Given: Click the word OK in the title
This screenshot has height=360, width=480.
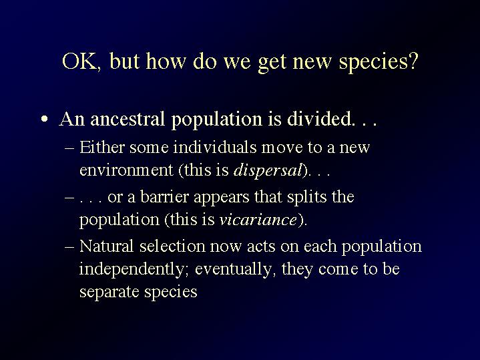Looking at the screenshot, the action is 81,61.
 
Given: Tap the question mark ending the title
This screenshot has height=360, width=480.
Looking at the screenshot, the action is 413,61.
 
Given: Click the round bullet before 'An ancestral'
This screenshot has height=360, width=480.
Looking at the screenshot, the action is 45,119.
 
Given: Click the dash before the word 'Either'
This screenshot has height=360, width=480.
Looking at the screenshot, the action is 69,148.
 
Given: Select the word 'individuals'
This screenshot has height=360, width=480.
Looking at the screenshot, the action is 215,147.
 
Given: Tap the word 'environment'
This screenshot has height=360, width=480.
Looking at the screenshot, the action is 126,170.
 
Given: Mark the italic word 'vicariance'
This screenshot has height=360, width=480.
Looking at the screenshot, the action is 258,220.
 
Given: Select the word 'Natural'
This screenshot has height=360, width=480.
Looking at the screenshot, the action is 107,246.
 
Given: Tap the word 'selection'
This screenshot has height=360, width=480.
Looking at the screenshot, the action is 172,246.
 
